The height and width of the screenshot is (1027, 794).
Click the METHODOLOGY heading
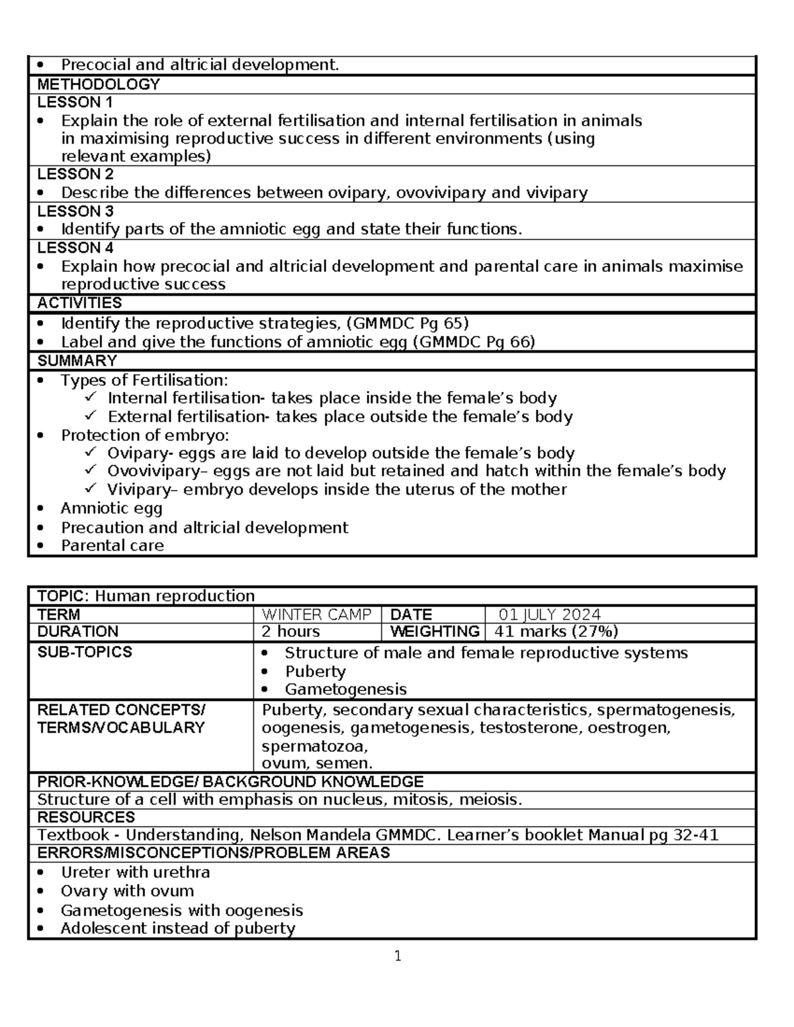99,85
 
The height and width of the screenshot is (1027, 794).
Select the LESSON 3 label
75,211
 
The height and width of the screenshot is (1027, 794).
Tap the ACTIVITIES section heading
79,303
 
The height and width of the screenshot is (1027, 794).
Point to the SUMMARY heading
77,361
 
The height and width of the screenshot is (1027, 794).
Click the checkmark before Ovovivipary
91,470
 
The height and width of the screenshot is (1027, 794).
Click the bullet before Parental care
42,546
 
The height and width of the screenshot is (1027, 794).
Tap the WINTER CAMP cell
316,614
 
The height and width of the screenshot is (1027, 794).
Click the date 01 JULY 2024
549,614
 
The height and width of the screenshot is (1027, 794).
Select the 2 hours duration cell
291,632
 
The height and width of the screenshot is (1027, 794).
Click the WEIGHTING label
434,632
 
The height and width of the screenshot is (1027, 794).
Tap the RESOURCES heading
86,817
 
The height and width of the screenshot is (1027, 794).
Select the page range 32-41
695,835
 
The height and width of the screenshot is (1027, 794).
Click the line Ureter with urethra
135,872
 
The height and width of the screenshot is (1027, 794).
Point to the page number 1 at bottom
398,956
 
